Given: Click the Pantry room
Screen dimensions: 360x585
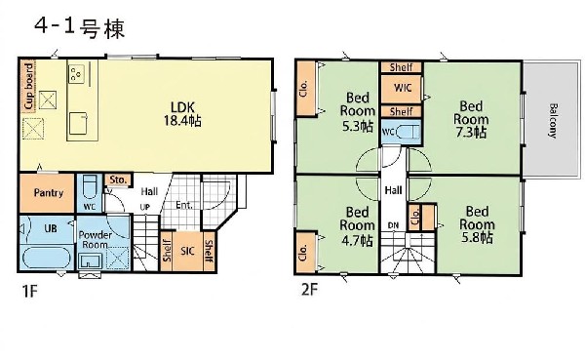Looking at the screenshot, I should tap(48, 193).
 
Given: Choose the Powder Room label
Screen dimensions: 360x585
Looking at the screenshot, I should tap(95, 241).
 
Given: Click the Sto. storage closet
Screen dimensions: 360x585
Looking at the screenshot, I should tap(117, 180).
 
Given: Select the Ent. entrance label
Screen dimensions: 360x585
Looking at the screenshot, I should tap(183, 205).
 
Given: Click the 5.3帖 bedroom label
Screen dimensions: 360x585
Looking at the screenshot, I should tap(357, 111).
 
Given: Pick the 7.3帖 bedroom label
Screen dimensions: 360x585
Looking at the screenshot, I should tap(472, 119).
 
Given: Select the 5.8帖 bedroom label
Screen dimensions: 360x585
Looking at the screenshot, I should tap(477, 224).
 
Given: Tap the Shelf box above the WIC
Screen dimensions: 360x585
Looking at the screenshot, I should tap(401, 67).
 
